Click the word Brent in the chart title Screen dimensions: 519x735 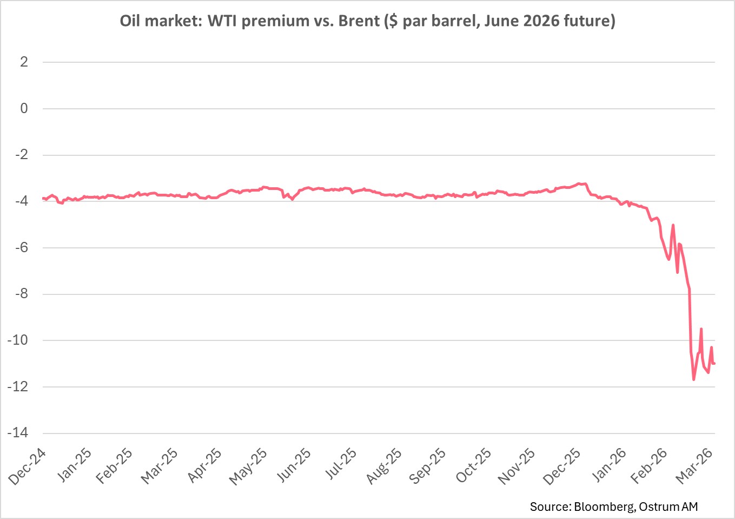(359, 21)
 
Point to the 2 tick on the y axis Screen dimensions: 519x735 (24, 62)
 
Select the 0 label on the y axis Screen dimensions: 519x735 (24, 108)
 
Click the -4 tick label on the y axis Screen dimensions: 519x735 (21, 201)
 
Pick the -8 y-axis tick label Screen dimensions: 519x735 (21, 294)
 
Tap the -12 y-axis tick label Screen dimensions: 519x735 (18, 387)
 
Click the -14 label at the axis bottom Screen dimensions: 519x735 (18, 433)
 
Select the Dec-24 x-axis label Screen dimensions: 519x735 (27, 467)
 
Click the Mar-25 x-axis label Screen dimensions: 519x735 (159, 467)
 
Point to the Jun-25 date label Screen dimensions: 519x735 (294, 467)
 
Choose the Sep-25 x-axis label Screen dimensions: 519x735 (427, 467)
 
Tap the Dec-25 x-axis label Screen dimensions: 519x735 (562, 467)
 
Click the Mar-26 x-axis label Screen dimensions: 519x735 (694, 467)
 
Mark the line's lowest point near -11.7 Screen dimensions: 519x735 (694, 379)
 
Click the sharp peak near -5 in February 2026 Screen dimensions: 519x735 (673, 225)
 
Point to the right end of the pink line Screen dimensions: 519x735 (714, 363)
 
